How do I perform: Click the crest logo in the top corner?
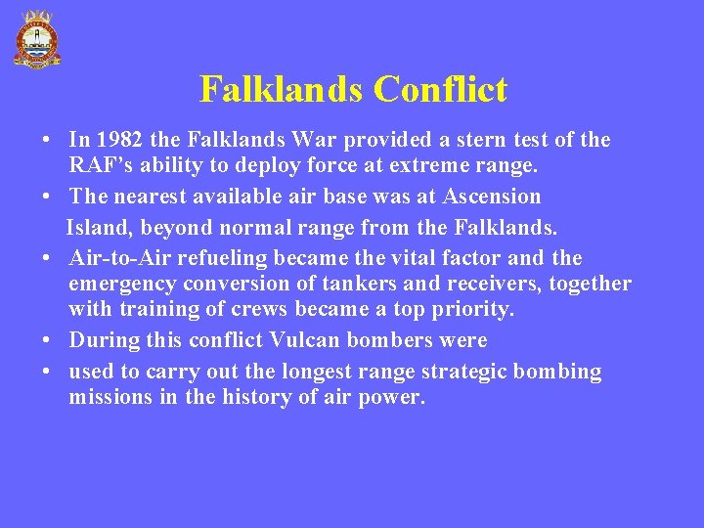[x=36, y=39]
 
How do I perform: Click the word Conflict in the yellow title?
[x=440, y=90]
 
